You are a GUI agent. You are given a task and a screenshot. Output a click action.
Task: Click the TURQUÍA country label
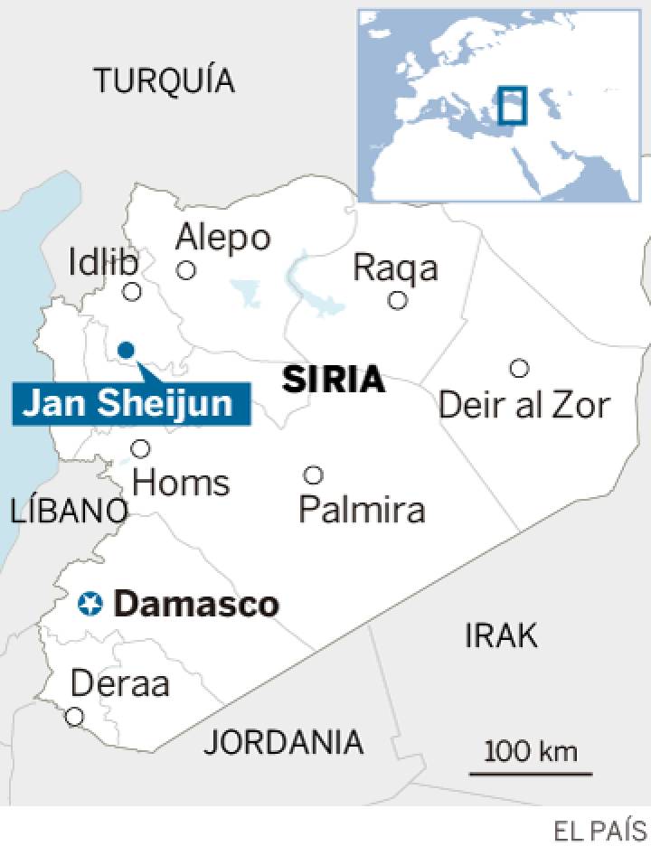[x=165, y=81]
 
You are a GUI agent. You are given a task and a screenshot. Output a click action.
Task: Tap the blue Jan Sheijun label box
[x=127, y=403]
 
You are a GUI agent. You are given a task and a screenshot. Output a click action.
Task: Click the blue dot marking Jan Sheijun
[x=126, y=350]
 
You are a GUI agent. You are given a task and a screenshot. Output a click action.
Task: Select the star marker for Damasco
[x=90, y=603]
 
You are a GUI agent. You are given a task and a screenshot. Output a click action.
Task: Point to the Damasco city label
[x=197, y=604]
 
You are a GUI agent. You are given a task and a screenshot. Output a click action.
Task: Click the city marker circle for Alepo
[x=186, y=269]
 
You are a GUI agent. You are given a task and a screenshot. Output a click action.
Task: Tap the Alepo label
[x=223, y=238]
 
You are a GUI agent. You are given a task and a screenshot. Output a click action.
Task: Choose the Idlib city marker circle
[x=132, y=291]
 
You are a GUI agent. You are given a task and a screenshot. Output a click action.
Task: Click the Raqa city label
[x=395, y=268]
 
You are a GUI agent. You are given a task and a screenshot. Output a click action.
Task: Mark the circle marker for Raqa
[x=397, y=300]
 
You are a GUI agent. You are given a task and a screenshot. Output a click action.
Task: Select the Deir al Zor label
[x=524, y=405]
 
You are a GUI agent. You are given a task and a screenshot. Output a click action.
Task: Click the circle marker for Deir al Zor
[x=519, y=368]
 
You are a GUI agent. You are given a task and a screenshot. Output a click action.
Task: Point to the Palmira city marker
[x=313, y=475]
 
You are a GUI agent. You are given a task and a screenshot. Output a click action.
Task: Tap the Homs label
[x=181, y=483]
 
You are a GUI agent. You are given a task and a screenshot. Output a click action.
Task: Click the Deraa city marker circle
[x=74, y=717]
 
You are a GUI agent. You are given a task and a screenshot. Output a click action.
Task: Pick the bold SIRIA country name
[x=334, y=381]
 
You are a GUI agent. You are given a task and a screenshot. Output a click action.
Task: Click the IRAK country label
[x=501, y=635]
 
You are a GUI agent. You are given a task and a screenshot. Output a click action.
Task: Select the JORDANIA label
[x=283, y=742]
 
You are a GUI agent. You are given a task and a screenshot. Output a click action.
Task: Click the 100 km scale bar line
[x=531, y=774]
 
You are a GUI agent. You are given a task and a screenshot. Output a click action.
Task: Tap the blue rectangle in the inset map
[x=512, y=104]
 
